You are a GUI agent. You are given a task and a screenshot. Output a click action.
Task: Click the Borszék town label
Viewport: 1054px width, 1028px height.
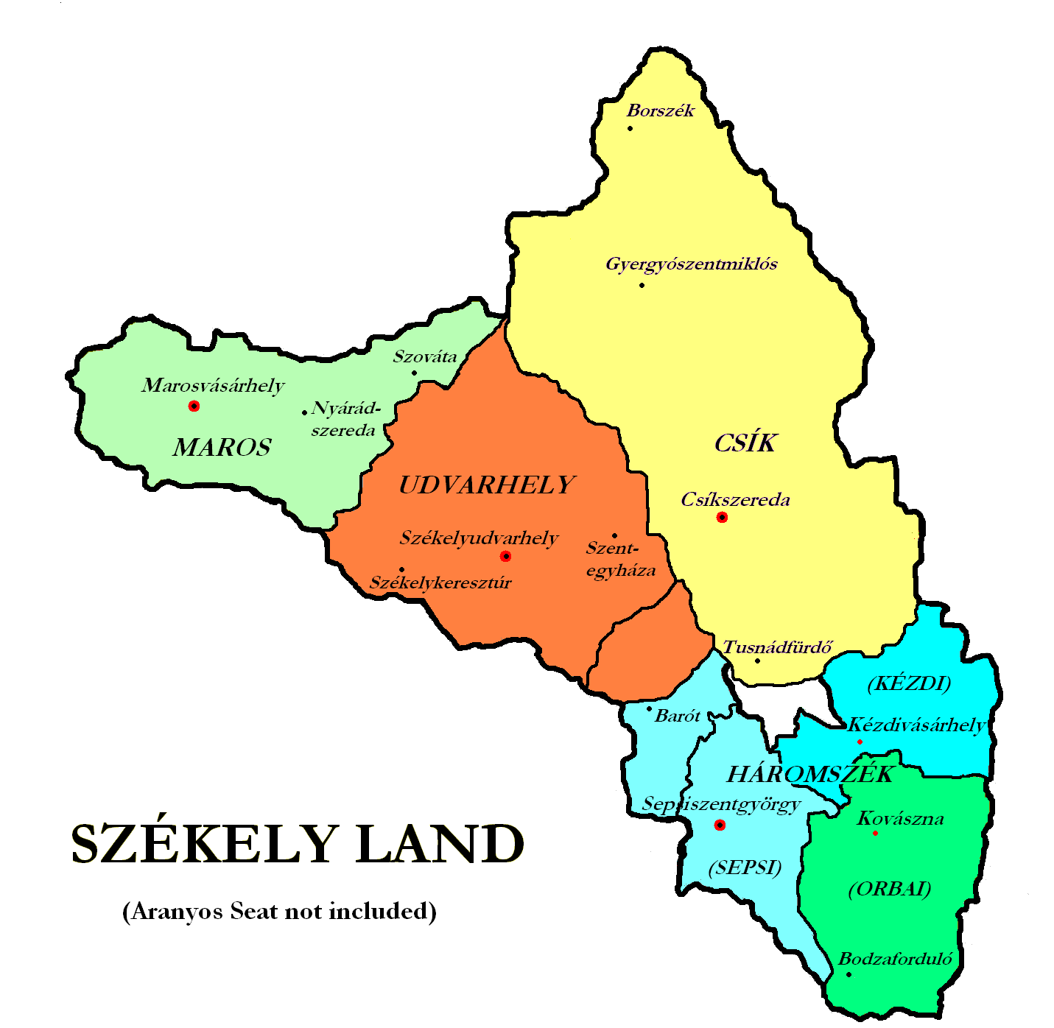point(661,111)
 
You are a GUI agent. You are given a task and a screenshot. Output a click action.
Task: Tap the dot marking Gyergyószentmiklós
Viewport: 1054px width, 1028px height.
point(642,285)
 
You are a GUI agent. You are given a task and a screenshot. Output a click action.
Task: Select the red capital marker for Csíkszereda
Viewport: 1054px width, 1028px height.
point(722,517)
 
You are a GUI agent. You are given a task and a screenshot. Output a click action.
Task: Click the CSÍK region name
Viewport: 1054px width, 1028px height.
point(745,443)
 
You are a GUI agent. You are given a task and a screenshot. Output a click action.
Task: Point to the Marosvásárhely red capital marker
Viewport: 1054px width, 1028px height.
point(194,406)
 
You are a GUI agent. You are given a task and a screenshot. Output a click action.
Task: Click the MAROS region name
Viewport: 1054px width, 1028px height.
point(222,447)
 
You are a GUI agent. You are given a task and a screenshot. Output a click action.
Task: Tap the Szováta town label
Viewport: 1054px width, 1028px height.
point(425,357)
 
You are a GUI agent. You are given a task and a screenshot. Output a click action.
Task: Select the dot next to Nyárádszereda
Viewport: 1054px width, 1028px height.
point(304,412)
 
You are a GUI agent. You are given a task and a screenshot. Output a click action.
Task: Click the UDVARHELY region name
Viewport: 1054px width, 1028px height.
point(486,485)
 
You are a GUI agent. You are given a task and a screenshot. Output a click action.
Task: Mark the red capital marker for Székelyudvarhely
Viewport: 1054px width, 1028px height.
point(505,556)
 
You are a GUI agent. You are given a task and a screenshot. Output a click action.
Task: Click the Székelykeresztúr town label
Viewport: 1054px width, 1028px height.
point(440,583)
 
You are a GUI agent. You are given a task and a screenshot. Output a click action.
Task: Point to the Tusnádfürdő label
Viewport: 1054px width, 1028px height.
point(777,648)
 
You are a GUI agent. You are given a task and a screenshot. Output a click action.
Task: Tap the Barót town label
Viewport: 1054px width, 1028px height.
point(677,716)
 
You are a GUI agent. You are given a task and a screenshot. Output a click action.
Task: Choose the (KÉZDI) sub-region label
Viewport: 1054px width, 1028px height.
point(909,683)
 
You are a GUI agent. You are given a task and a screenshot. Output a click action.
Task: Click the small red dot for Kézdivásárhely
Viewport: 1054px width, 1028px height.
point(860,742)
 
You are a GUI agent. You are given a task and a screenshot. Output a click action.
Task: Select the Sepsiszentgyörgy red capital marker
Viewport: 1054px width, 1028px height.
point(720,825)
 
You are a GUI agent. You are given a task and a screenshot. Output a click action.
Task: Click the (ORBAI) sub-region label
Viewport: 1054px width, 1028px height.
point(890,889)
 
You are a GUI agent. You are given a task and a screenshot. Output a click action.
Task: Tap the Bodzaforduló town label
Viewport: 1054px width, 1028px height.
point(896,960)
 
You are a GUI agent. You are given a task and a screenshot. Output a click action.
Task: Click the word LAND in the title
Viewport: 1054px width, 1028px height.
point(440,844)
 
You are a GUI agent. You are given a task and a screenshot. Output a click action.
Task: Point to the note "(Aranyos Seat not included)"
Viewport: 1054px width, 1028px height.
point(279,912)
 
